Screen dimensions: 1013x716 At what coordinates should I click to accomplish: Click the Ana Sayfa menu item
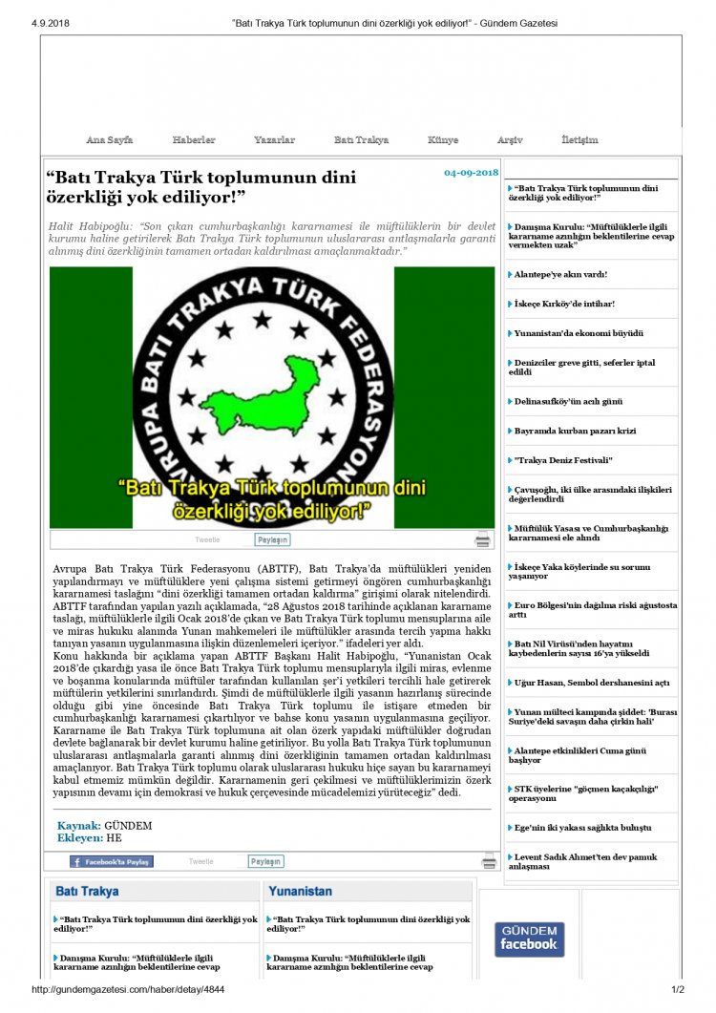point(109,140)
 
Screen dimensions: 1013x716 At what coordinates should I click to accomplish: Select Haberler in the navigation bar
point(194,140)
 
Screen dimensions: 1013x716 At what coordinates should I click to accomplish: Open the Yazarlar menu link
point(274,140)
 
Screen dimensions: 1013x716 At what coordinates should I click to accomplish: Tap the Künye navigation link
point(443,140)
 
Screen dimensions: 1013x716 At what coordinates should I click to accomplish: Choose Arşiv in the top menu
point(510,140)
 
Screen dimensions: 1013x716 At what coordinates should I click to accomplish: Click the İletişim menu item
point(579,140)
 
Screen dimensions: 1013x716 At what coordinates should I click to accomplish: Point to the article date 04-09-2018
point(471,173)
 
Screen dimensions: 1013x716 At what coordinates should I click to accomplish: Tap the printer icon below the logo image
point(483,539)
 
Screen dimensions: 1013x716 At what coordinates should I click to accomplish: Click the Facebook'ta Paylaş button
point(111,861)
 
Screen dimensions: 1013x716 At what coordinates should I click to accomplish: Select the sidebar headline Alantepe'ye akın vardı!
point(561,274)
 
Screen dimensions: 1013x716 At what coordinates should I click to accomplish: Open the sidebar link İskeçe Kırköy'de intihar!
point(564,304)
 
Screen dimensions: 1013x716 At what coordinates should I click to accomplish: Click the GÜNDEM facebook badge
point(529,939)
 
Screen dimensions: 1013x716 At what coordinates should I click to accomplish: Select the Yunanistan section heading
point(301,891)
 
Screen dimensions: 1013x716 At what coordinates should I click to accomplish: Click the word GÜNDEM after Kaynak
point(128,826)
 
